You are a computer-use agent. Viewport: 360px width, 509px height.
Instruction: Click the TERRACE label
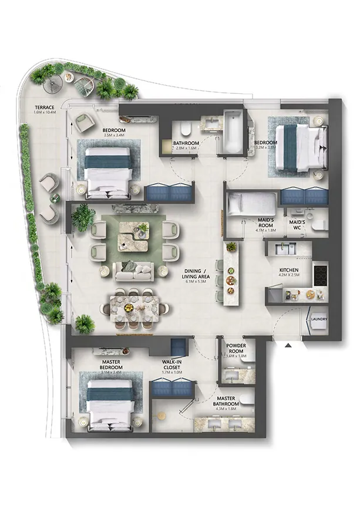click(x=45, y=107)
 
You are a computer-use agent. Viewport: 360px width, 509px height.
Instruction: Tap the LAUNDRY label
click(x=319, y=319)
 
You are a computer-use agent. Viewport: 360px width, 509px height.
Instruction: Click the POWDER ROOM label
click(x=236, y=349)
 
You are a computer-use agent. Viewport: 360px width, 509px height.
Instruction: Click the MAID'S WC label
click(x=297, y=223)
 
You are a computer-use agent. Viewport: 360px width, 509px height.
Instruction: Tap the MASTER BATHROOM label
click(x=226, y=401)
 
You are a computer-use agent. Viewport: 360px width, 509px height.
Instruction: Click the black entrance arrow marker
click(x=288, y=346)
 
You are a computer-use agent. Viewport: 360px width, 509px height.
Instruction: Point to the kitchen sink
click(x=288, y=248)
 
